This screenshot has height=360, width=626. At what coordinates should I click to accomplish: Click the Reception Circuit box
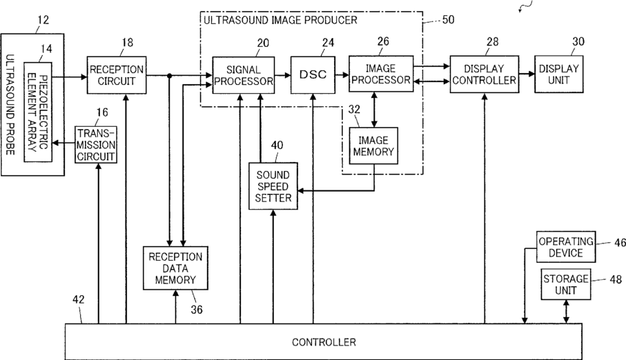117,75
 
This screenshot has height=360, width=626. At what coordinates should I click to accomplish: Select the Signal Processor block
244,75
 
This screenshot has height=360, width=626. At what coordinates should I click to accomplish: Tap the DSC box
313,75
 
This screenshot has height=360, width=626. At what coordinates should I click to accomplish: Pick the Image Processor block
381,74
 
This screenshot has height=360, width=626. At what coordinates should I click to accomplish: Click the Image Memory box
373,146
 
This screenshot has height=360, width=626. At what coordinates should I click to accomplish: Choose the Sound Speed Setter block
273,186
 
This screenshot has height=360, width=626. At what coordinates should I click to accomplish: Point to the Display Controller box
485,74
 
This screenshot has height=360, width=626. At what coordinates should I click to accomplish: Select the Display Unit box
558,74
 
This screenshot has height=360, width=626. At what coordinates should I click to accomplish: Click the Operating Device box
566,247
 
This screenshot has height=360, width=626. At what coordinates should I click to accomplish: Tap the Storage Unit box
566,284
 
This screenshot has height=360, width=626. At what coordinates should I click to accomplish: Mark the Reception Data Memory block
176,268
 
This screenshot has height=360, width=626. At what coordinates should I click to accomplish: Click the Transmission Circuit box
96,144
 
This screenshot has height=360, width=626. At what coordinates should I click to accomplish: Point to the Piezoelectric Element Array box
38,112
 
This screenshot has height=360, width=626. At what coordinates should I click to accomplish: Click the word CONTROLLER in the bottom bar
324,342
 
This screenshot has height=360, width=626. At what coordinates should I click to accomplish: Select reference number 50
449,19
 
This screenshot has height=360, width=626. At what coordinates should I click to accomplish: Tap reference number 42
78,300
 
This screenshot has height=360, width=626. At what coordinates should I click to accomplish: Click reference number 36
197,310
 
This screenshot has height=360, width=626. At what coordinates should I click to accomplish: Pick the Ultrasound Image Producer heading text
280,20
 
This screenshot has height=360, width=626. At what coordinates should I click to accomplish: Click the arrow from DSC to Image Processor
342,74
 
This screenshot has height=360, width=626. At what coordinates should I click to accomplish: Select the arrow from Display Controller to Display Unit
527,74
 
